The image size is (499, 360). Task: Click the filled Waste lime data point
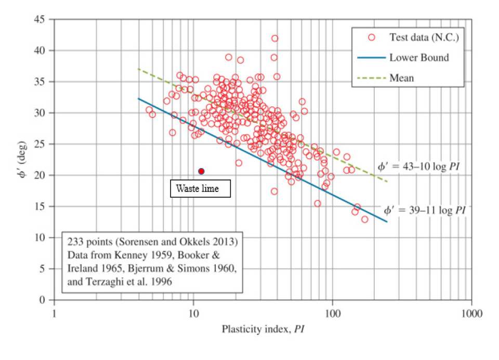201,171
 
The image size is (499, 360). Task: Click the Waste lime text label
200,189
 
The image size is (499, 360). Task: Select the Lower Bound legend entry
419,57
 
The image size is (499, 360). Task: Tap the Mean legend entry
402,78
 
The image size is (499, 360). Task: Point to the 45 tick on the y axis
43,19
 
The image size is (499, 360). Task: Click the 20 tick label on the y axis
43,175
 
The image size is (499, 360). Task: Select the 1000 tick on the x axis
471,314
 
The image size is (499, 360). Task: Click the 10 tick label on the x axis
193,314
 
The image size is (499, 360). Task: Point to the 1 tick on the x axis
54,314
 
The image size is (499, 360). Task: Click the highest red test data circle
274,38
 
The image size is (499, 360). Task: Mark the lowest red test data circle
364,220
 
